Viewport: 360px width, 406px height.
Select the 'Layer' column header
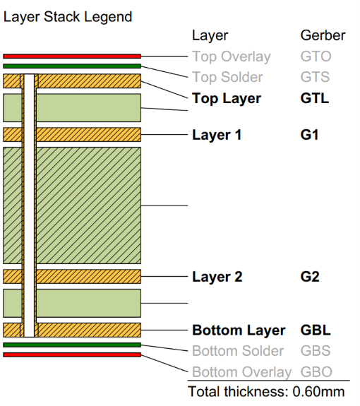point(210,35)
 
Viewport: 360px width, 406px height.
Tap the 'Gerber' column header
point(323,35)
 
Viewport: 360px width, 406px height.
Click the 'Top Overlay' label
point(231,56)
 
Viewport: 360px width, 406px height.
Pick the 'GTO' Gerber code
point(316,56)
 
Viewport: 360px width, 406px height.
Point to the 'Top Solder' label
point(227,77)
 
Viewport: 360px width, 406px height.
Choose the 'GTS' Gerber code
point(315,77)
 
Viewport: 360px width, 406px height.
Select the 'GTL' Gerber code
point(315,98)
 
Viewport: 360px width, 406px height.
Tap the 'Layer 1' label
point(217,134)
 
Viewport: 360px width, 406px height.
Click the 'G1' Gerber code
point(309,134)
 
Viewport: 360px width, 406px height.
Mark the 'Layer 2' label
point(217,277)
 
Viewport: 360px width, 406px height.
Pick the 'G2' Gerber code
point(309,277)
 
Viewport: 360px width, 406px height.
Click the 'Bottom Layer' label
point(239,330)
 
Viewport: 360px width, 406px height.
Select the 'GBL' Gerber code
point(316,330)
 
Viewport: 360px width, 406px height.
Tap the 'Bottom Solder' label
point(238,351)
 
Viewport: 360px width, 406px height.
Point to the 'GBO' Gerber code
point(316,371)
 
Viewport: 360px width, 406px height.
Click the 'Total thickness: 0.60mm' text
point(266,391)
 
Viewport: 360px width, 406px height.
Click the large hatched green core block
point(85,205)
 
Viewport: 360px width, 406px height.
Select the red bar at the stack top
point(72,56)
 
